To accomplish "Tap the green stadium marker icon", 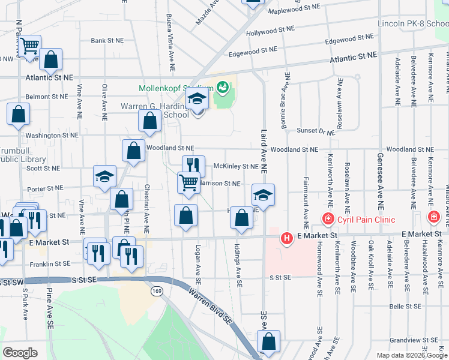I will click(x=223, y=88).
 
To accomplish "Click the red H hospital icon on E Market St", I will click(x=287, y=239).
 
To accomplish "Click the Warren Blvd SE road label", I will click(x=211, y=307).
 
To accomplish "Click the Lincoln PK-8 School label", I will click(x=413, y=24).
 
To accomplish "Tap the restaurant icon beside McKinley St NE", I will click(x=193, y=165).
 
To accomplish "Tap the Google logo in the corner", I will click(x=20, y=352).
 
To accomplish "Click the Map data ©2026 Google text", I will click(x=411, y=355).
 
